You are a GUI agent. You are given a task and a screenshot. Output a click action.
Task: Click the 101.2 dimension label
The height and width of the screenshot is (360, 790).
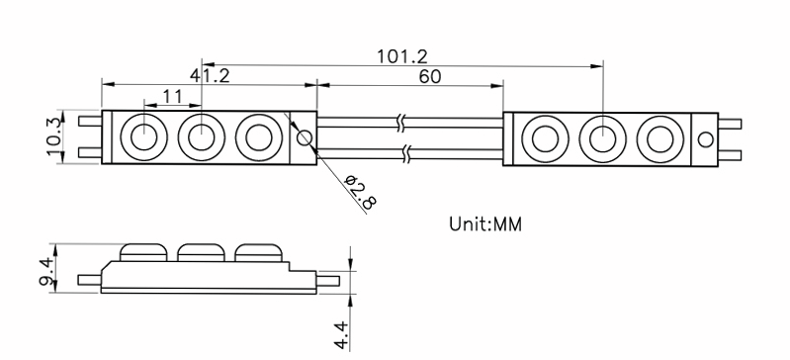tap(402, 56)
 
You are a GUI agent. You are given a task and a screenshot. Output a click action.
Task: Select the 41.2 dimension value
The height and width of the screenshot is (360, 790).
tap(210, 75)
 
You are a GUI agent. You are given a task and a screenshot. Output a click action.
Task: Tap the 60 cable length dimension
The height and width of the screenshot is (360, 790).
tap(430, 76)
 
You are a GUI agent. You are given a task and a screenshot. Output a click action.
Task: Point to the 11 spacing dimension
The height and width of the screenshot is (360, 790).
tap(173, 96)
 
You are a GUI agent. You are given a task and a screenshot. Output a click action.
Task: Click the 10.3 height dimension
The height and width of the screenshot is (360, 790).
tap(55, 135)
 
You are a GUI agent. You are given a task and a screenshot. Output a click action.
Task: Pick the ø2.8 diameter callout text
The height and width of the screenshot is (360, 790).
tap(360, 192)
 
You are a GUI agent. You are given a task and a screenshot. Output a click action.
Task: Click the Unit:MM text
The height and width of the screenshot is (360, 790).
tap(485, 224)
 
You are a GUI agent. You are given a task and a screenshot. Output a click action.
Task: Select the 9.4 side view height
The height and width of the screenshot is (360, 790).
tap(47, 269)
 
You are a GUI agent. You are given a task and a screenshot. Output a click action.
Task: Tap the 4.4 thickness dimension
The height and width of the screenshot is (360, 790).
tap(341, 335)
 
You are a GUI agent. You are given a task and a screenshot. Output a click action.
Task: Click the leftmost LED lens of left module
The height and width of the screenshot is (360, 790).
tap(143, 137)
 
